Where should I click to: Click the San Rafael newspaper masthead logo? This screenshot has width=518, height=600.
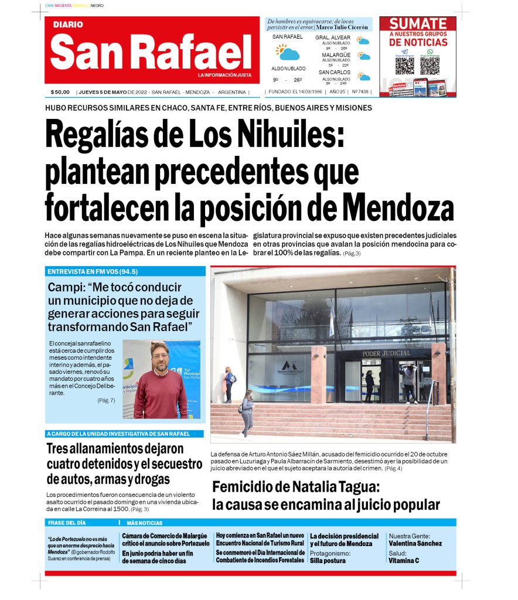[x=151, y=50]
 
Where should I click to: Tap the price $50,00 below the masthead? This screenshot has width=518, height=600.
[x=60, y=92]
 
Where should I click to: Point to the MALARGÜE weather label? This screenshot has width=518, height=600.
[x=336, y=55]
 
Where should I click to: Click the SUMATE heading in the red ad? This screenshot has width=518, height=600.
[x=418, y=25]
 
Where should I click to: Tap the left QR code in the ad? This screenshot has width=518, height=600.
[x=404, y=64]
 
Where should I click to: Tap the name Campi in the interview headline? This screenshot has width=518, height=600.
[x=66, y=288]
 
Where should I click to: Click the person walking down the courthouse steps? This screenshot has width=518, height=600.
[x=247, y=412]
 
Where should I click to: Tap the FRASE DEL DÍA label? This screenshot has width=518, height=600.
[x=67, y=523]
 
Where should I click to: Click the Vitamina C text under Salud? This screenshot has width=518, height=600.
[x=404, y=561]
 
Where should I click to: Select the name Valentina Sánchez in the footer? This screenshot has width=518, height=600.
[x=415, y=543]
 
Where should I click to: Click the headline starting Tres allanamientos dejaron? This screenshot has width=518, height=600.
[x=115, y=449]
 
